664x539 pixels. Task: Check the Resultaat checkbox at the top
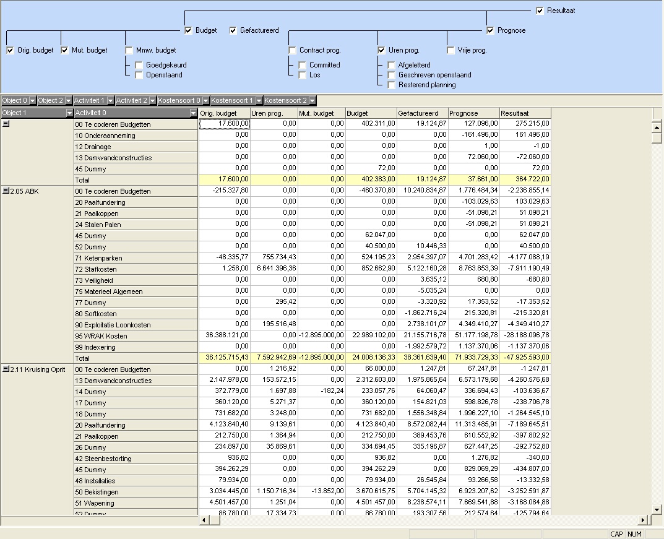(x=540, y=11)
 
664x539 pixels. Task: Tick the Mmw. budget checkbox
(x=129, y=50)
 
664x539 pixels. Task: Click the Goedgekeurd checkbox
(x=139, y=65)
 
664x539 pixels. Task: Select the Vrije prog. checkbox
(x=451, y=50)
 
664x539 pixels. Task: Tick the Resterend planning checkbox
(x=391, y=85)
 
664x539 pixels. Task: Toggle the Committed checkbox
(x=303, y=65)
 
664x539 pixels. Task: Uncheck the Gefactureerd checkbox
(x=233, y=30)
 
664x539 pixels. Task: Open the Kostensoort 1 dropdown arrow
(x=259, y=101)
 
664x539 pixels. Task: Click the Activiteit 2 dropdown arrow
(x=153, y=101)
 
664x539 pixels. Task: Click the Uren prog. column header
(x=274, y=113)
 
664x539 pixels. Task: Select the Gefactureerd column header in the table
(x=423, y=113)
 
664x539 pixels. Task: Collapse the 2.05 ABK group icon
(x=6, y=191)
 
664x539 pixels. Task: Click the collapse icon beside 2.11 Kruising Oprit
(x=6, y=369)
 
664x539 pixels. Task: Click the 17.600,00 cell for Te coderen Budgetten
(x=225, y=124)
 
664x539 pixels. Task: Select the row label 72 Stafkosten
(x=96, y=269)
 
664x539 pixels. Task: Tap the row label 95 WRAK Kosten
(x=101, y=336)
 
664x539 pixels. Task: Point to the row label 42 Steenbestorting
(x=103, y=459)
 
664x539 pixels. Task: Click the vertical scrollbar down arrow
(x=657, y=510)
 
